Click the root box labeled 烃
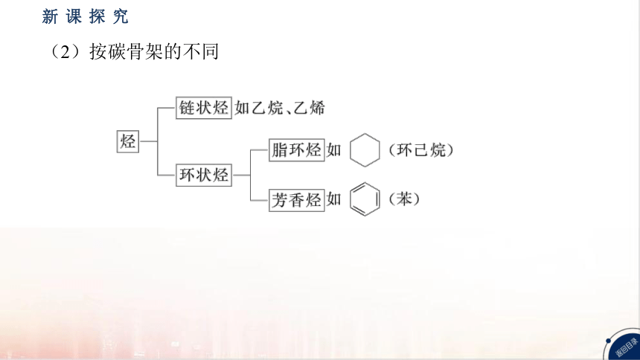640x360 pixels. click(128, 141)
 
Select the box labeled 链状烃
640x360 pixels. click(204, 108)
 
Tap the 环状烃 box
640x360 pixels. click(204, 175)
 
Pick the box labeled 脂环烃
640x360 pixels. click(297, 150)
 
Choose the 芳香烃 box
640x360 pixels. click(297, 200)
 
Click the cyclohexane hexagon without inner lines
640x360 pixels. click(351, 150)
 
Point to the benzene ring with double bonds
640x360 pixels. click(351, 199)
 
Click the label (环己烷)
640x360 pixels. click(420, 150)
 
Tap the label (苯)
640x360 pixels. click(404, 199)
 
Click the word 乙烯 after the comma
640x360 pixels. click(310, 108)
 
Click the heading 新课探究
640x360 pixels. click(85, 16)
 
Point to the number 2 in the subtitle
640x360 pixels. click(65, 52)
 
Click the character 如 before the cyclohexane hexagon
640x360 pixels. click(333, 150)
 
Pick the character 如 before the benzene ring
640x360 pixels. click(333, 199)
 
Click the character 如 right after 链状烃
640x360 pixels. click(242, 108)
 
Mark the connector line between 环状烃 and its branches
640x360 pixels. click(241, 175)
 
